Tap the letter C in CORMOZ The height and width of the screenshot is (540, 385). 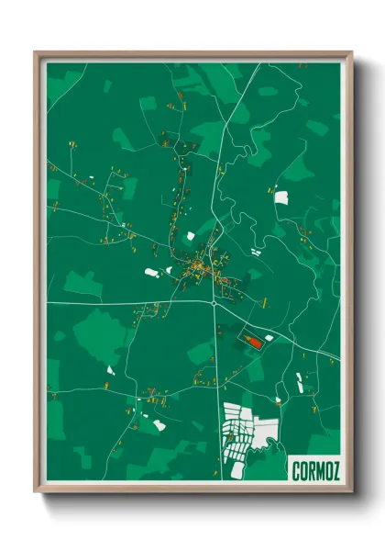(x=294, y=471)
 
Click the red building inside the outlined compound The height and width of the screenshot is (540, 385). (x=252, y=340)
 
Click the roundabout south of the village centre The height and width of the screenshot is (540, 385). (x=214, y=302)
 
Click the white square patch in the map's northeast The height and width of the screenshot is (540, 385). (x=280, y=197)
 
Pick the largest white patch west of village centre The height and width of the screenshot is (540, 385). (x=152, y=272)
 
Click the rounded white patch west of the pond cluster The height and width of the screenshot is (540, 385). (x=159, y=425)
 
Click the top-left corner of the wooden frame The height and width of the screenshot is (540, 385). (x=36, y=51)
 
